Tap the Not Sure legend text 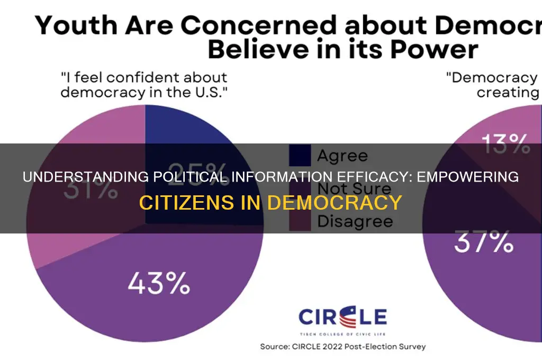(x=354, y=188)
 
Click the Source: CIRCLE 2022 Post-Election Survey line (x=343, y=347)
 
